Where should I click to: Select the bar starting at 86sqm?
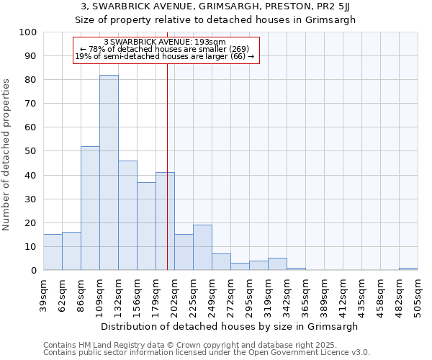tap(90, 208)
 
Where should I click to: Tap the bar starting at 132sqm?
tap(127, 215)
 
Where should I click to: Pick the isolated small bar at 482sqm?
tap(408, 269)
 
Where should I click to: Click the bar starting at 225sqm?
tap(202, 248)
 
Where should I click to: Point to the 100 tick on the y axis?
tap(28, 32)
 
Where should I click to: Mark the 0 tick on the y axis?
tap(33, 271)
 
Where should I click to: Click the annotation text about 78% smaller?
tap(165, 49)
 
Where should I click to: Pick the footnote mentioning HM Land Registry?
tap(179, 345)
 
